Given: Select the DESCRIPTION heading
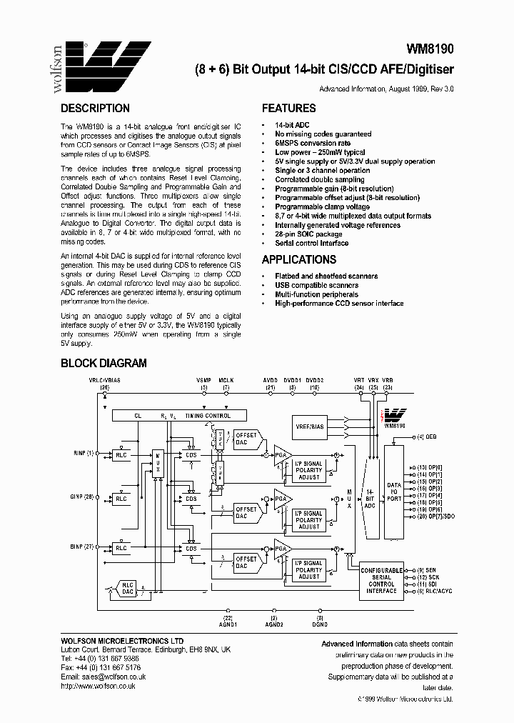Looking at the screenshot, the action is pyautogui.click(x=95, y=109).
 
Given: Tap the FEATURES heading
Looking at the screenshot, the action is pyautogui.click(x=288, y=109).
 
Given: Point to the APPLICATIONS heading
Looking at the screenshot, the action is pyautogui.click(x=298, y=260).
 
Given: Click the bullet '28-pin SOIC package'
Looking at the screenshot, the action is pyautogui.click(x=308, y=234).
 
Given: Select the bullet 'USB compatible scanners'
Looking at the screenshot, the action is pyautogui.click(x=316, y=285).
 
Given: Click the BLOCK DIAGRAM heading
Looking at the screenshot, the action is pyautogui.click(x=103, y=363).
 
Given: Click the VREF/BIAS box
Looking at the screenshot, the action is pyautogui.click(x=310, y=427).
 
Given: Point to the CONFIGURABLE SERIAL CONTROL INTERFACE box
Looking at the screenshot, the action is pyautogui.click(x=381, y=580).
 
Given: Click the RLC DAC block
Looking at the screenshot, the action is pyautogui.click(x=128, y=588).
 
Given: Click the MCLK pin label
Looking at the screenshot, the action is pyautogui.click(x=226, y=381).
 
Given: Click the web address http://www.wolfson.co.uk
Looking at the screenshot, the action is pyautogui.click(x=98, y=685).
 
